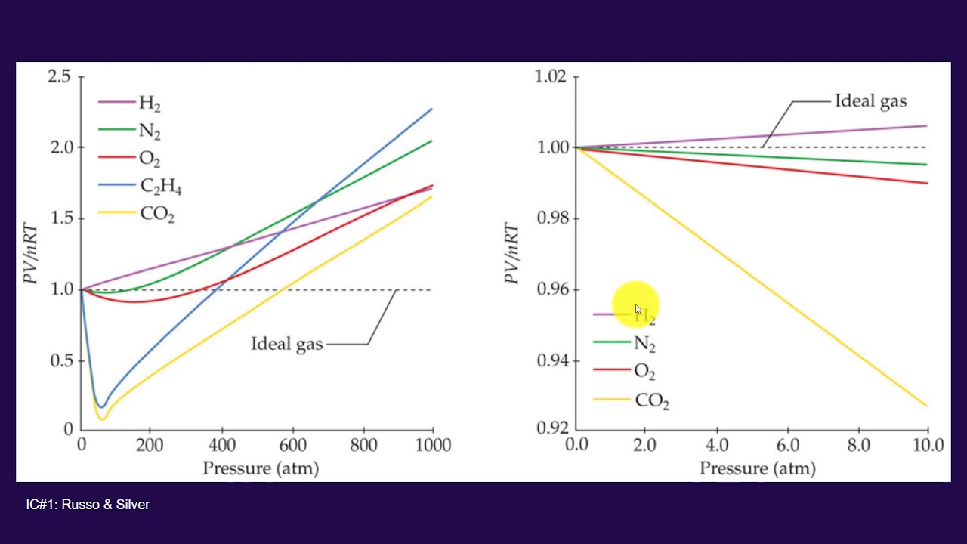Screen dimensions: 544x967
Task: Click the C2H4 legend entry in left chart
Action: coord(161,187)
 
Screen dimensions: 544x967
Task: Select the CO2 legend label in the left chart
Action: coord(157,215)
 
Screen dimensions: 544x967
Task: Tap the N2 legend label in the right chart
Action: coord(644,344)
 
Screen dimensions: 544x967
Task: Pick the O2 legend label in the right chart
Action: coord(644,372)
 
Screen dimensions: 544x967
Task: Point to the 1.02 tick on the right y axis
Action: coord(549,77)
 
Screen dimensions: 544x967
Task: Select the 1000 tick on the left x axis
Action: coord(433,444)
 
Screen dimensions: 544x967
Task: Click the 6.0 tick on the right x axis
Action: coord(788,444)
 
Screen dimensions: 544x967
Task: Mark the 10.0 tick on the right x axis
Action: coord(926,444)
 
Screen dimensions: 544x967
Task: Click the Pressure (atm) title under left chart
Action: coord(261,468)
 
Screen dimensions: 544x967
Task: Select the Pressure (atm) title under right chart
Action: coord(758,468)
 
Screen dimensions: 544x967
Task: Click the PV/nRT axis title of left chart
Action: coord(31,253)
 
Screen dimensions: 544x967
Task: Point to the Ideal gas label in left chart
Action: coord(287,345)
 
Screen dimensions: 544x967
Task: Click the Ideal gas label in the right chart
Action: coord(870,101)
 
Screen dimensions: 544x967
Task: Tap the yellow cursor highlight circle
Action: coord(636,305)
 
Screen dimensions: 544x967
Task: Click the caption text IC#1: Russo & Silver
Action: coord(88,505)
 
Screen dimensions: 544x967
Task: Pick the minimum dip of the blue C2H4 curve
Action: coord(101,407)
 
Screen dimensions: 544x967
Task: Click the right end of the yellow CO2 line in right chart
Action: coord(926,406)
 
